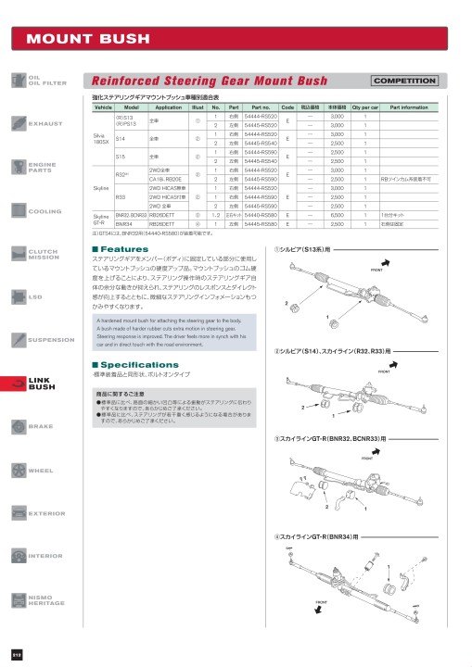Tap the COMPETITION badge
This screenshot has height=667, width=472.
tap(403, 81)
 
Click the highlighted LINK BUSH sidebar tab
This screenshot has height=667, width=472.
tap(37, 384)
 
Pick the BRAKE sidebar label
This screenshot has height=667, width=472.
tap(39, 426)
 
